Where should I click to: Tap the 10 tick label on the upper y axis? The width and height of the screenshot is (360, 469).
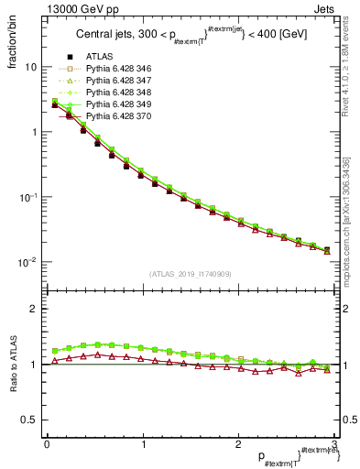coord(30,67)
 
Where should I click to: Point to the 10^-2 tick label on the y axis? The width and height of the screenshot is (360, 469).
coord(27,262)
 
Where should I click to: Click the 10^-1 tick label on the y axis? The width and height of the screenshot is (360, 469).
coord(27,197)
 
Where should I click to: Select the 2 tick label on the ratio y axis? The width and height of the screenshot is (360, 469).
coord(34,309)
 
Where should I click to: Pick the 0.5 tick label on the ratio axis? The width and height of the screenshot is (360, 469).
coord(30,420)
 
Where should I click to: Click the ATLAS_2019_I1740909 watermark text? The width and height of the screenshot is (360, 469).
coord(189,275)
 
